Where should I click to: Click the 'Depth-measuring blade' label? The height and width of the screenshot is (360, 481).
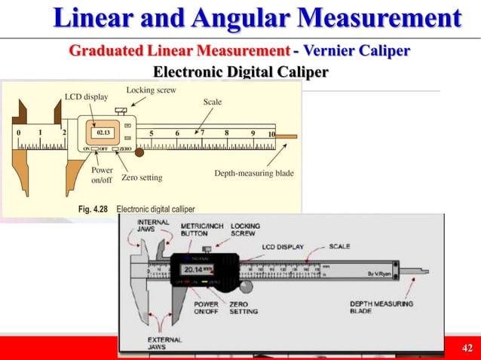(253, 173)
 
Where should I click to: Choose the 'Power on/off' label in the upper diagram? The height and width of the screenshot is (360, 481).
(102, 175)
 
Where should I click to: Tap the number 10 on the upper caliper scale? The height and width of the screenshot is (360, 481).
(271, 134)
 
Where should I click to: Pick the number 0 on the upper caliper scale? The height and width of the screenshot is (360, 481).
(19, 133)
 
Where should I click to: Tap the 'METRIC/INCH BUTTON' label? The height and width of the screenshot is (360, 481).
(201, 230)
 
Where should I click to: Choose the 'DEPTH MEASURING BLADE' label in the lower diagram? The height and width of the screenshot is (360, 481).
(381, 308)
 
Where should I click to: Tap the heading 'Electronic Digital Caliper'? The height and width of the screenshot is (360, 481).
(240, 72)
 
